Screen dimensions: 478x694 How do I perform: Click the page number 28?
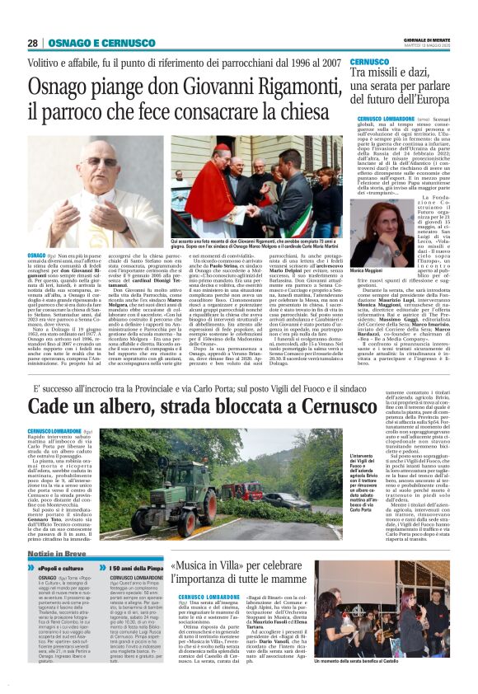click(32, 43)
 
